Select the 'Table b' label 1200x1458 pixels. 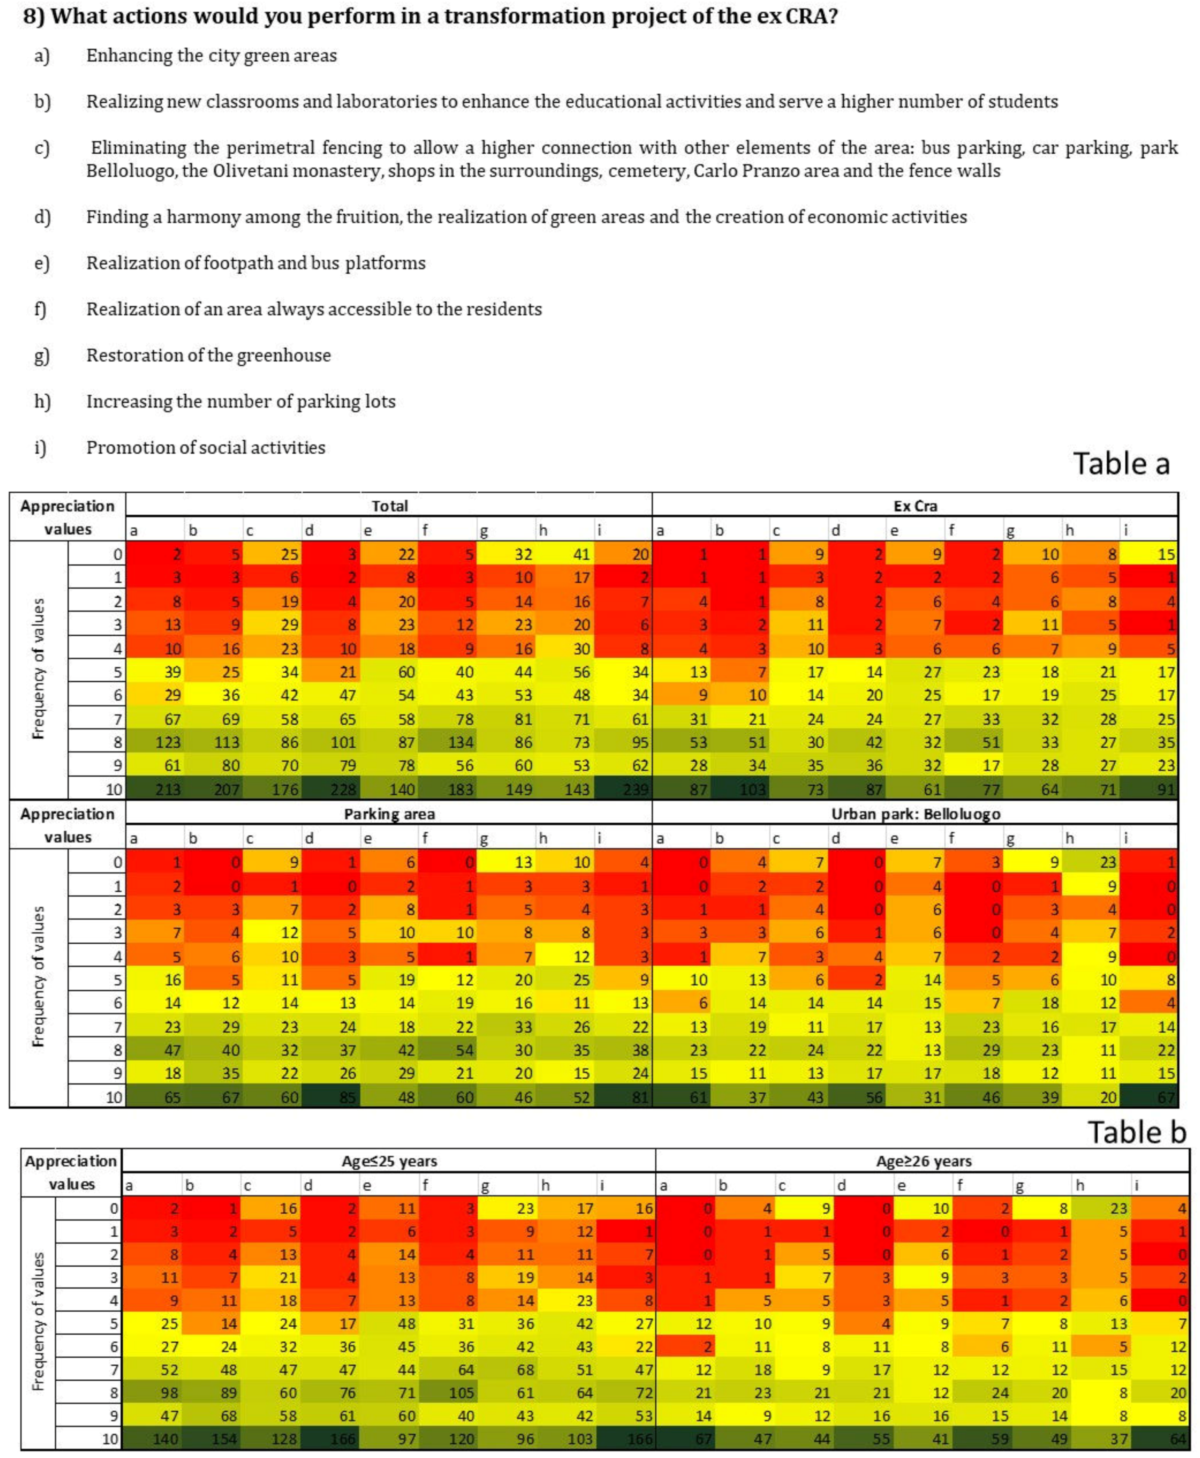tap(1136, 1132)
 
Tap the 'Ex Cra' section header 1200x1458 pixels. tap(915, 505)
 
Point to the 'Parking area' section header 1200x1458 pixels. tap(389, 814)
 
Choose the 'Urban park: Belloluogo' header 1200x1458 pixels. tap(915, 814)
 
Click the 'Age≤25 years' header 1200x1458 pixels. tap(389, 1161)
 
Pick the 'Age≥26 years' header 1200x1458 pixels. tap(923, 1161)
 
